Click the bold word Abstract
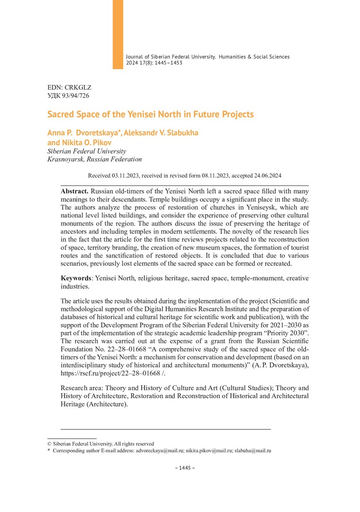[x=74, y=191]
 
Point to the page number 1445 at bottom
[x=185, y=468]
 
